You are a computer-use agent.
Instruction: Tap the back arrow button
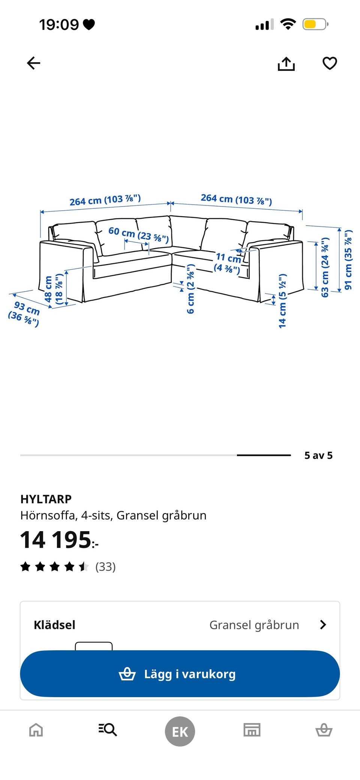tap(33, 63)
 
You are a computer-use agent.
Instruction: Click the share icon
tap(286, 64)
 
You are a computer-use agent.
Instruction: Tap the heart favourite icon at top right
tap(330, 63)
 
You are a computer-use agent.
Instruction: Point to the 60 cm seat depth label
tap(138, 234)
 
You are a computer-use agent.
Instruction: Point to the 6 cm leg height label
tap(191, 289)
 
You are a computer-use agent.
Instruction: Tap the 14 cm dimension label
tap(282, 301)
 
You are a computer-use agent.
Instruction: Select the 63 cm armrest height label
tap(325, 267)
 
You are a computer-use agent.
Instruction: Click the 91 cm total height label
tap(348, 260)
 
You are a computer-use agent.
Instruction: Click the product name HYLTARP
tap(46, 499)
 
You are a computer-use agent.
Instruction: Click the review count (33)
tap(105, 566)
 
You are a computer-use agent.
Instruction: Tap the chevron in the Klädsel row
tap(323, 625)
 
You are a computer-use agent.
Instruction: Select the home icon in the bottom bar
tap(36, 730)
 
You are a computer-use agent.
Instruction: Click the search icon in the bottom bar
tap(108, 729)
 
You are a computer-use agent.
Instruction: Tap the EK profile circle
tap(180, 731)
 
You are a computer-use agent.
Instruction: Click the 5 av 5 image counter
tap(318, 455)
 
